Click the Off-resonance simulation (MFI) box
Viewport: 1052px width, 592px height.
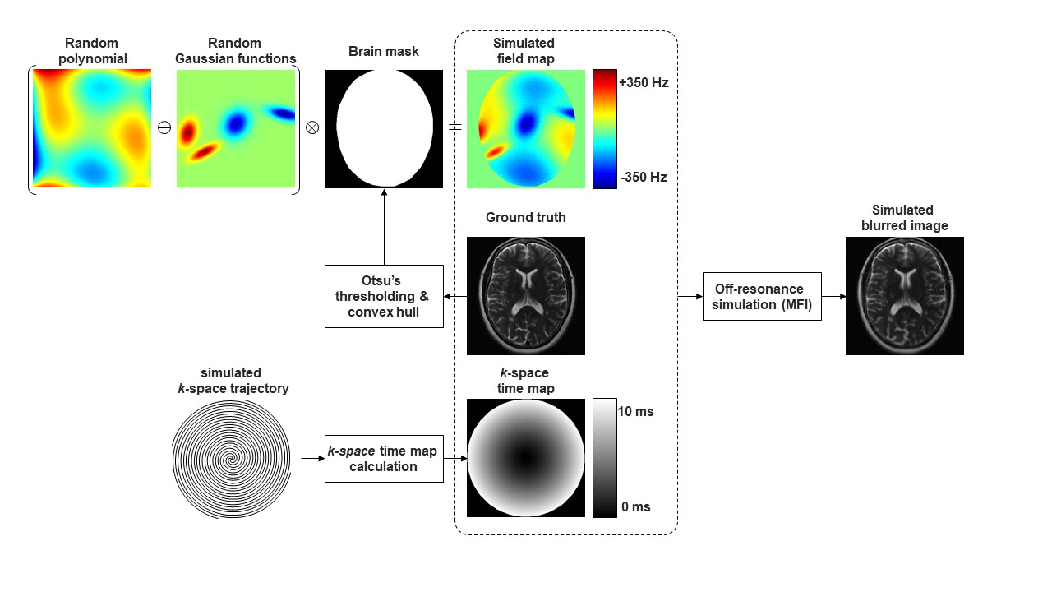point(762,296)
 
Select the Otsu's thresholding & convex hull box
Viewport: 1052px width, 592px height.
point(384,296)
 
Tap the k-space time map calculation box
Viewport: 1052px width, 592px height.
point(384,459)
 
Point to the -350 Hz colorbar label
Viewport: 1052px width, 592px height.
point(644,177)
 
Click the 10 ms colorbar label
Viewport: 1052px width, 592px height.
point(635,411)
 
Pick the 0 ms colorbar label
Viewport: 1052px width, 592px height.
point(635,507)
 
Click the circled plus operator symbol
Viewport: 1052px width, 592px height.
point(164,127)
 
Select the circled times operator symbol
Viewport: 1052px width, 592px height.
point(311,127)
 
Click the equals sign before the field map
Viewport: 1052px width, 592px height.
point(454,127)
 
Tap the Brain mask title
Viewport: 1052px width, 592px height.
point(383,52)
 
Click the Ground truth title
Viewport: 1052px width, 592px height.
point(525,218)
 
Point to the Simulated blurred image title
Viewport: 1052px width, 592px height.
point(904,218)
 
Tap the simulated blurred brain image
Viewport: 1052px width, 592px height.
point(904,296)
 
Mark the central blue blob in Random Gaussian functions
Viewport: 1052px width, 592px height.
point(236,124)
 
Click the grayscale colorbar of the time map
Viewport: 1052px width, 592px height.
point(604,458)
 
